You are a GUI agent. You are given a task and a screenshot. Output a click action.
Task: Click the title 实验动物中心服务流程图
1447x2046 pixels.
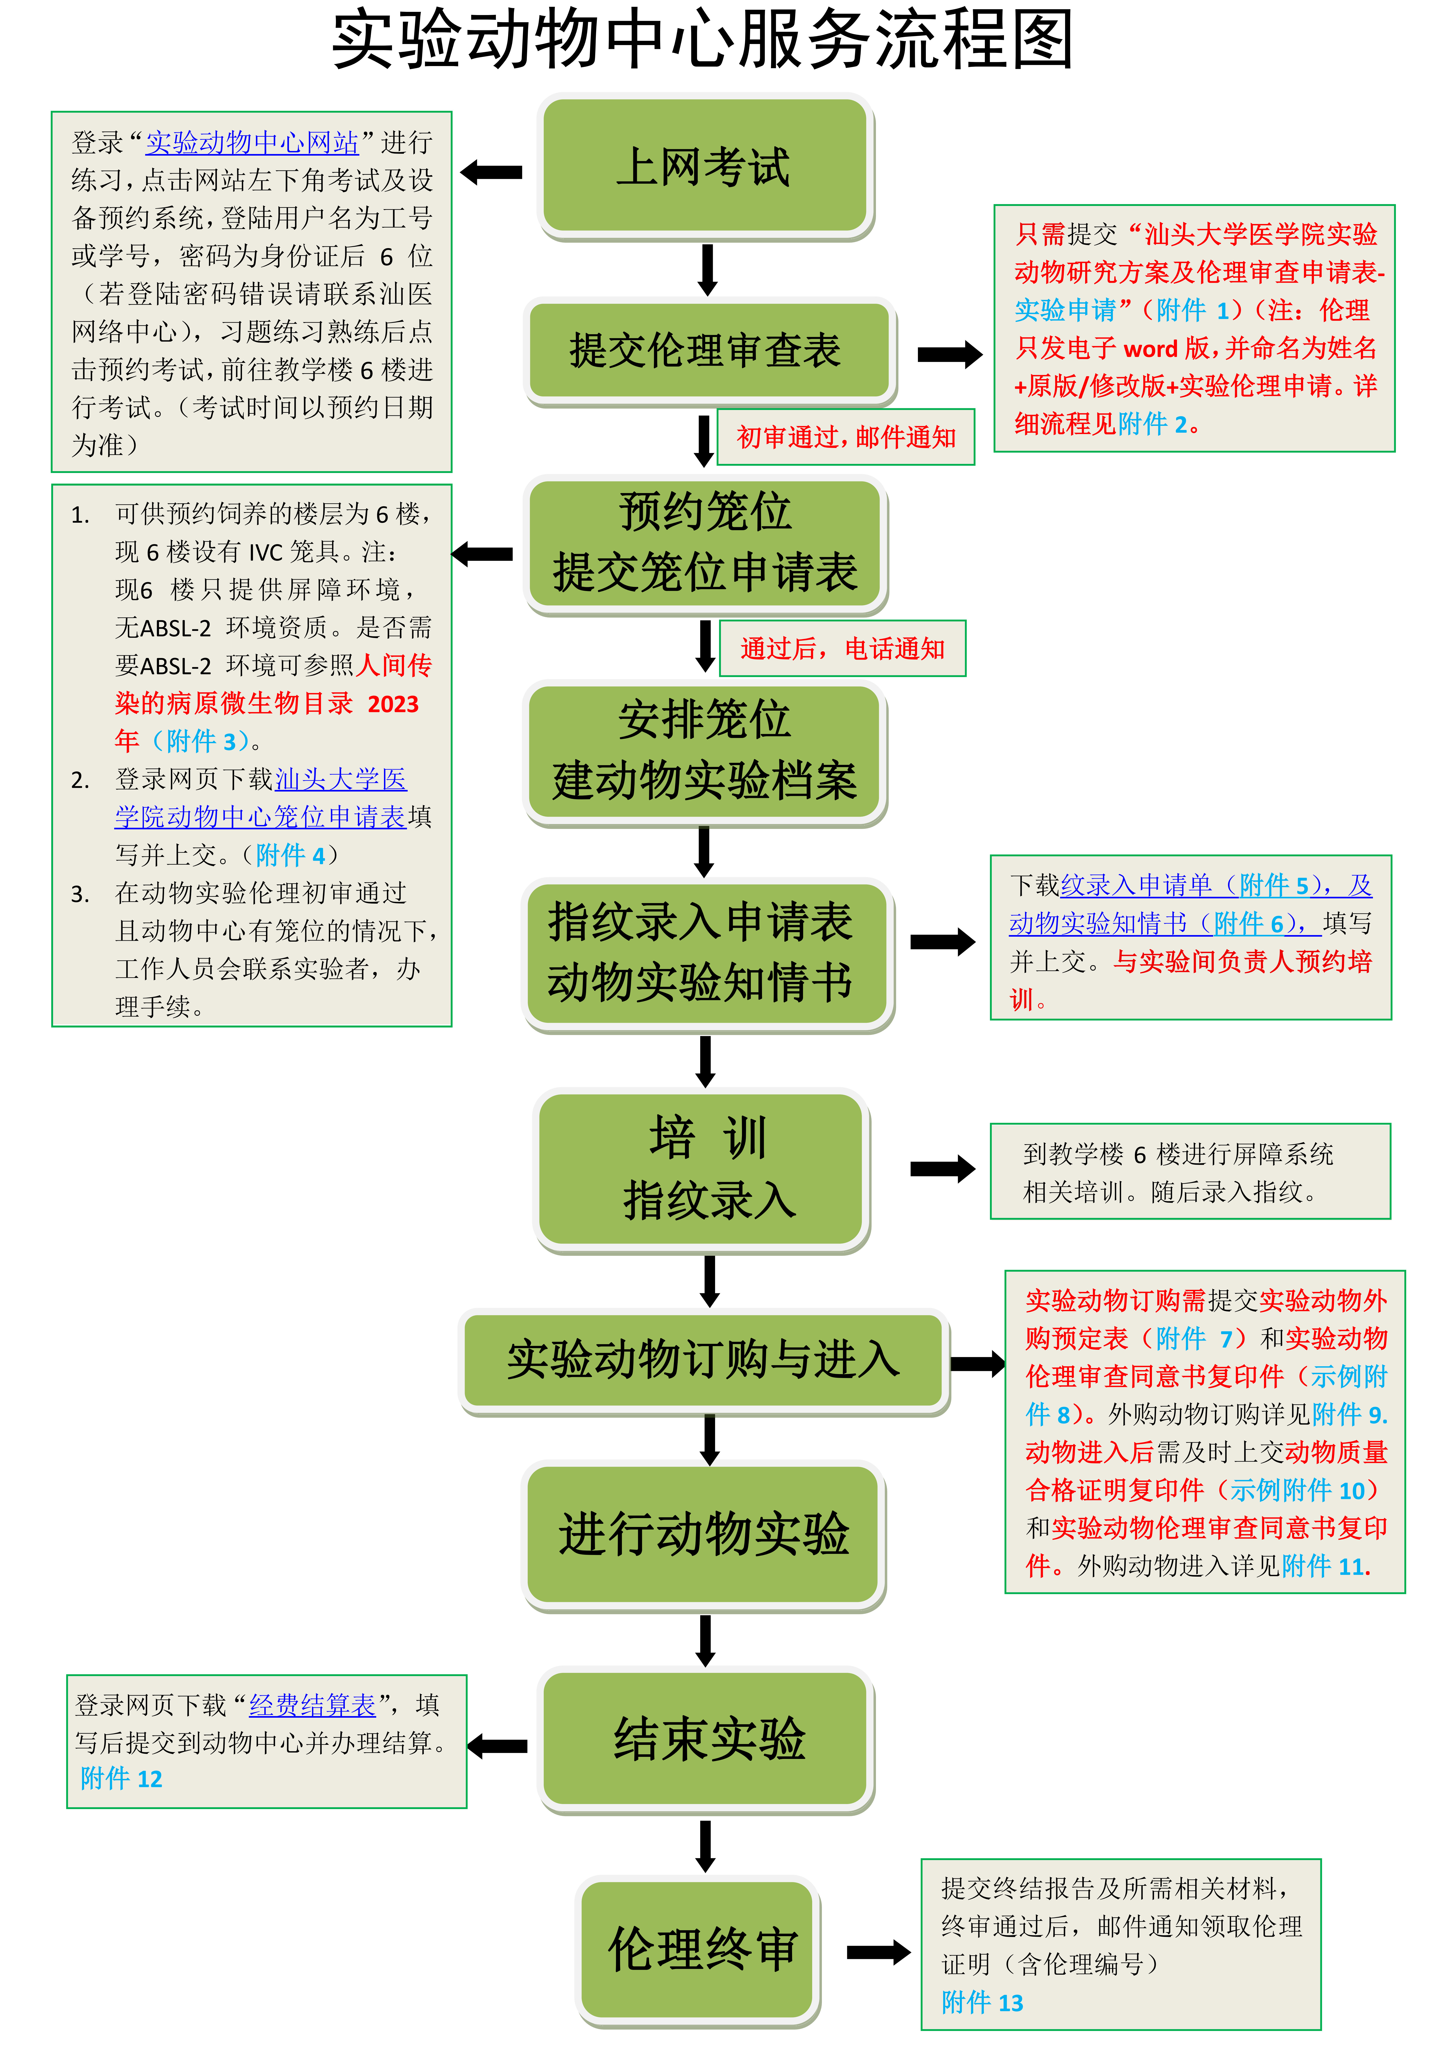click(702, 40)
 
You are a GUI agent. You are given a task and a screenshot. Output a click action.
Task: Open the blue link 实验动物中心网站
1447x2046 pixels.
click(252, 143)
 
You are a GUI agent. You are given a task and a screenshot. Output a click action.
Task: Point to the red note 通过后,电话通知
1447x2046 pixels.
click(842, 649)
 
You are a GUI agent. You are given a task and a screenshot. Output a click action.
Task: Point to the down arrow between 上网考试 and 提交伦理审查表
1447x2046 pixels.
click(708, 269)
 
